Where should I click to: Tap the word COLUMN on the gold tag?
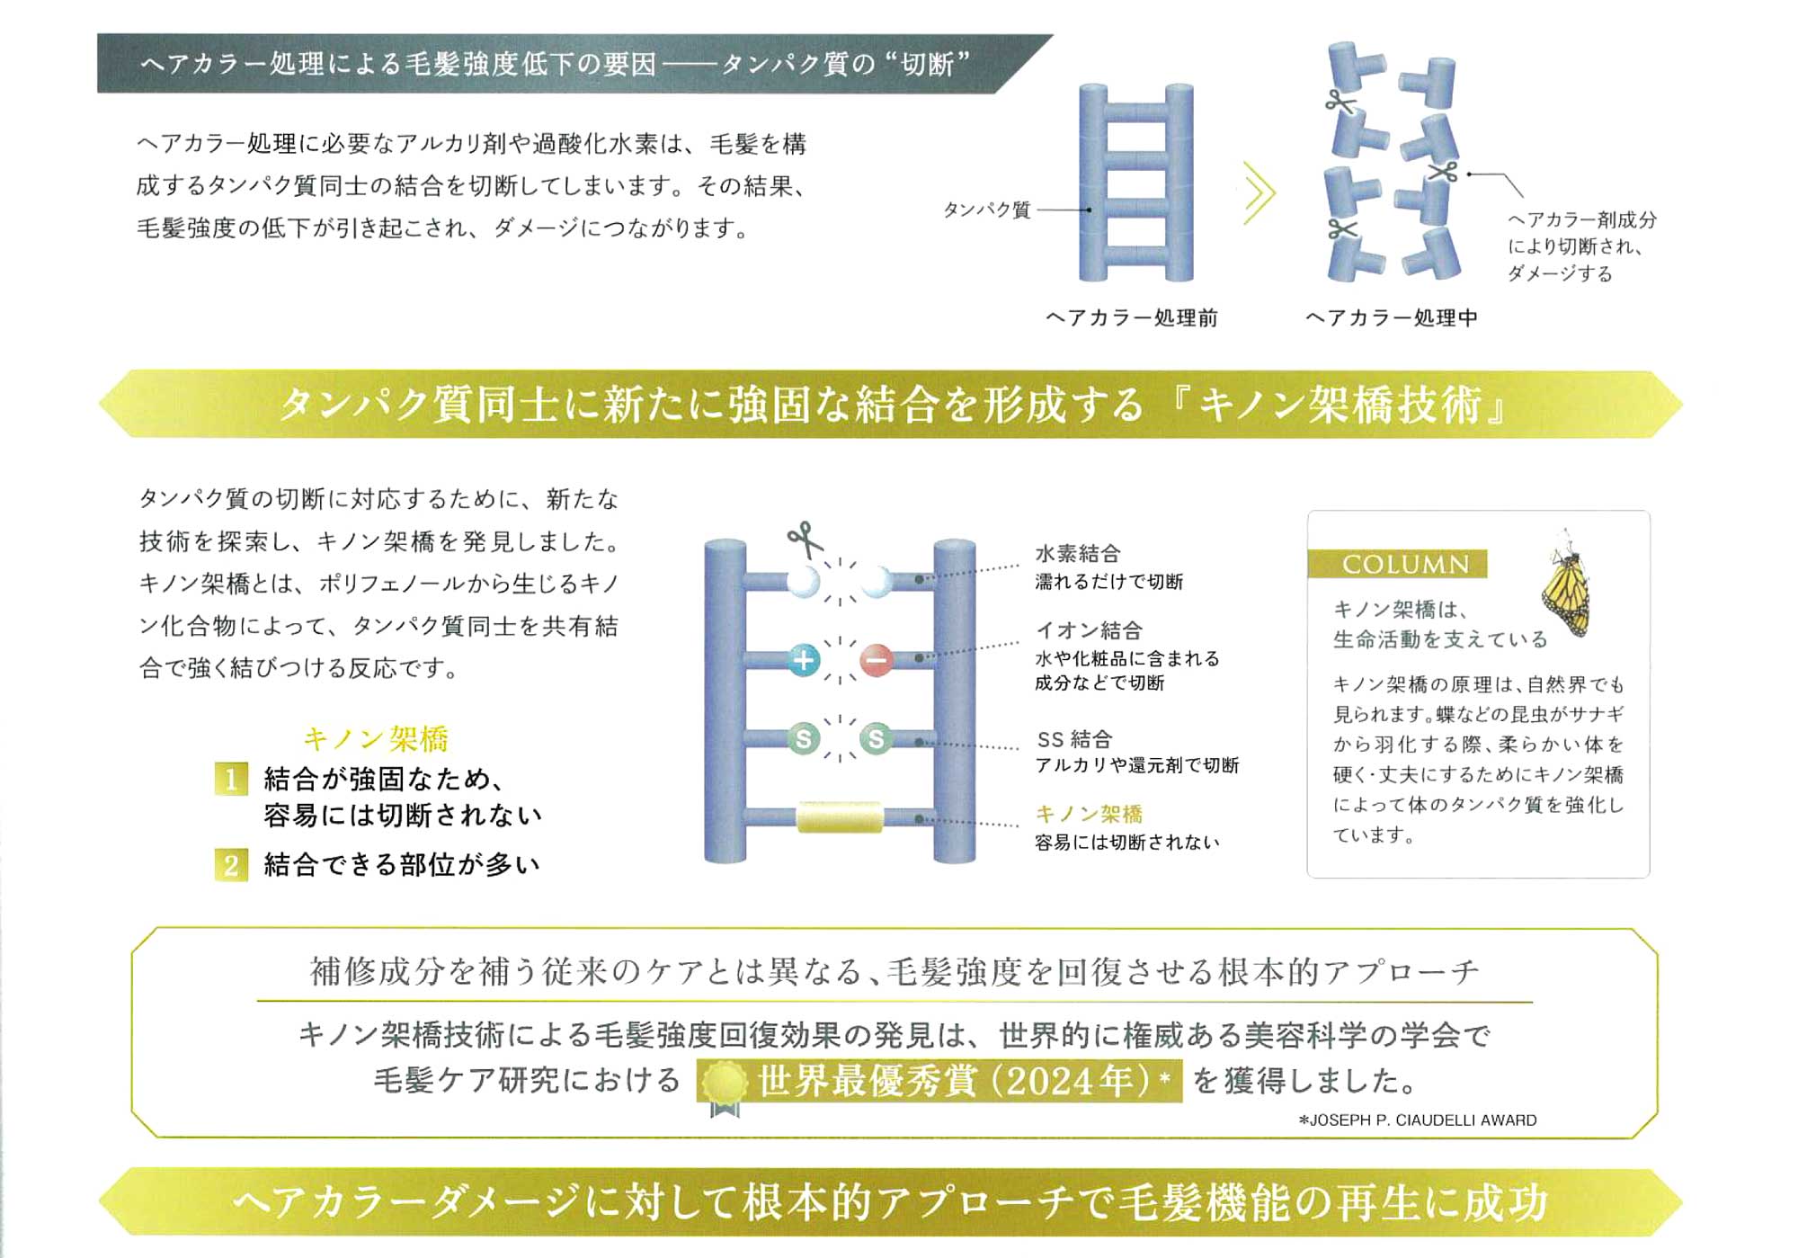(1405, 565)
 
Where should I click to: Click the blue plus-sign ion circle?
(803, 660)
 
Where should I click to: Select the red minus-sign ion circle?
(876, 660)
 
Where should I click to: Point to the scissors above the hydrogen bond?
(806, 540)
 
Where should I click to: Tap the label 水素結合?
(1078, 554)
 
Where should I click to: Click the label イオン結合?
(1089, 630)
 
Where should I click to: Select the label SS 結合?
(1074, 740)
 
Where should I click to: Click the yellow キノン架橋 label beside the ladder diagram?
(1089, 815)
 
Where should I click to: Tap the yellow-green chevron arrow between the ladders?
(1259, 192)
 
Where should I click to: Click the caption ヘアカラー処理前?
(1132, 318)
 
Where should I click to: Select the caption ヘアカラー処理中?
(1392, 318)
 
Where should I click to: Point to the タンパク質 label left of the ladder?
(986, 210)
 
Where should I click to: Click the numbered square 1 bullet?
(231, 779)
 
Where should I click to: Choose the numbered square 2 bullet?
(231, 865)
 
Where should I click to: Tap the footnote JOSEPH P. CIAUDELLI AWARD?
(1418, 1120)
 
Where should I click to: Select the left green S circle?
(803, 739)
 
